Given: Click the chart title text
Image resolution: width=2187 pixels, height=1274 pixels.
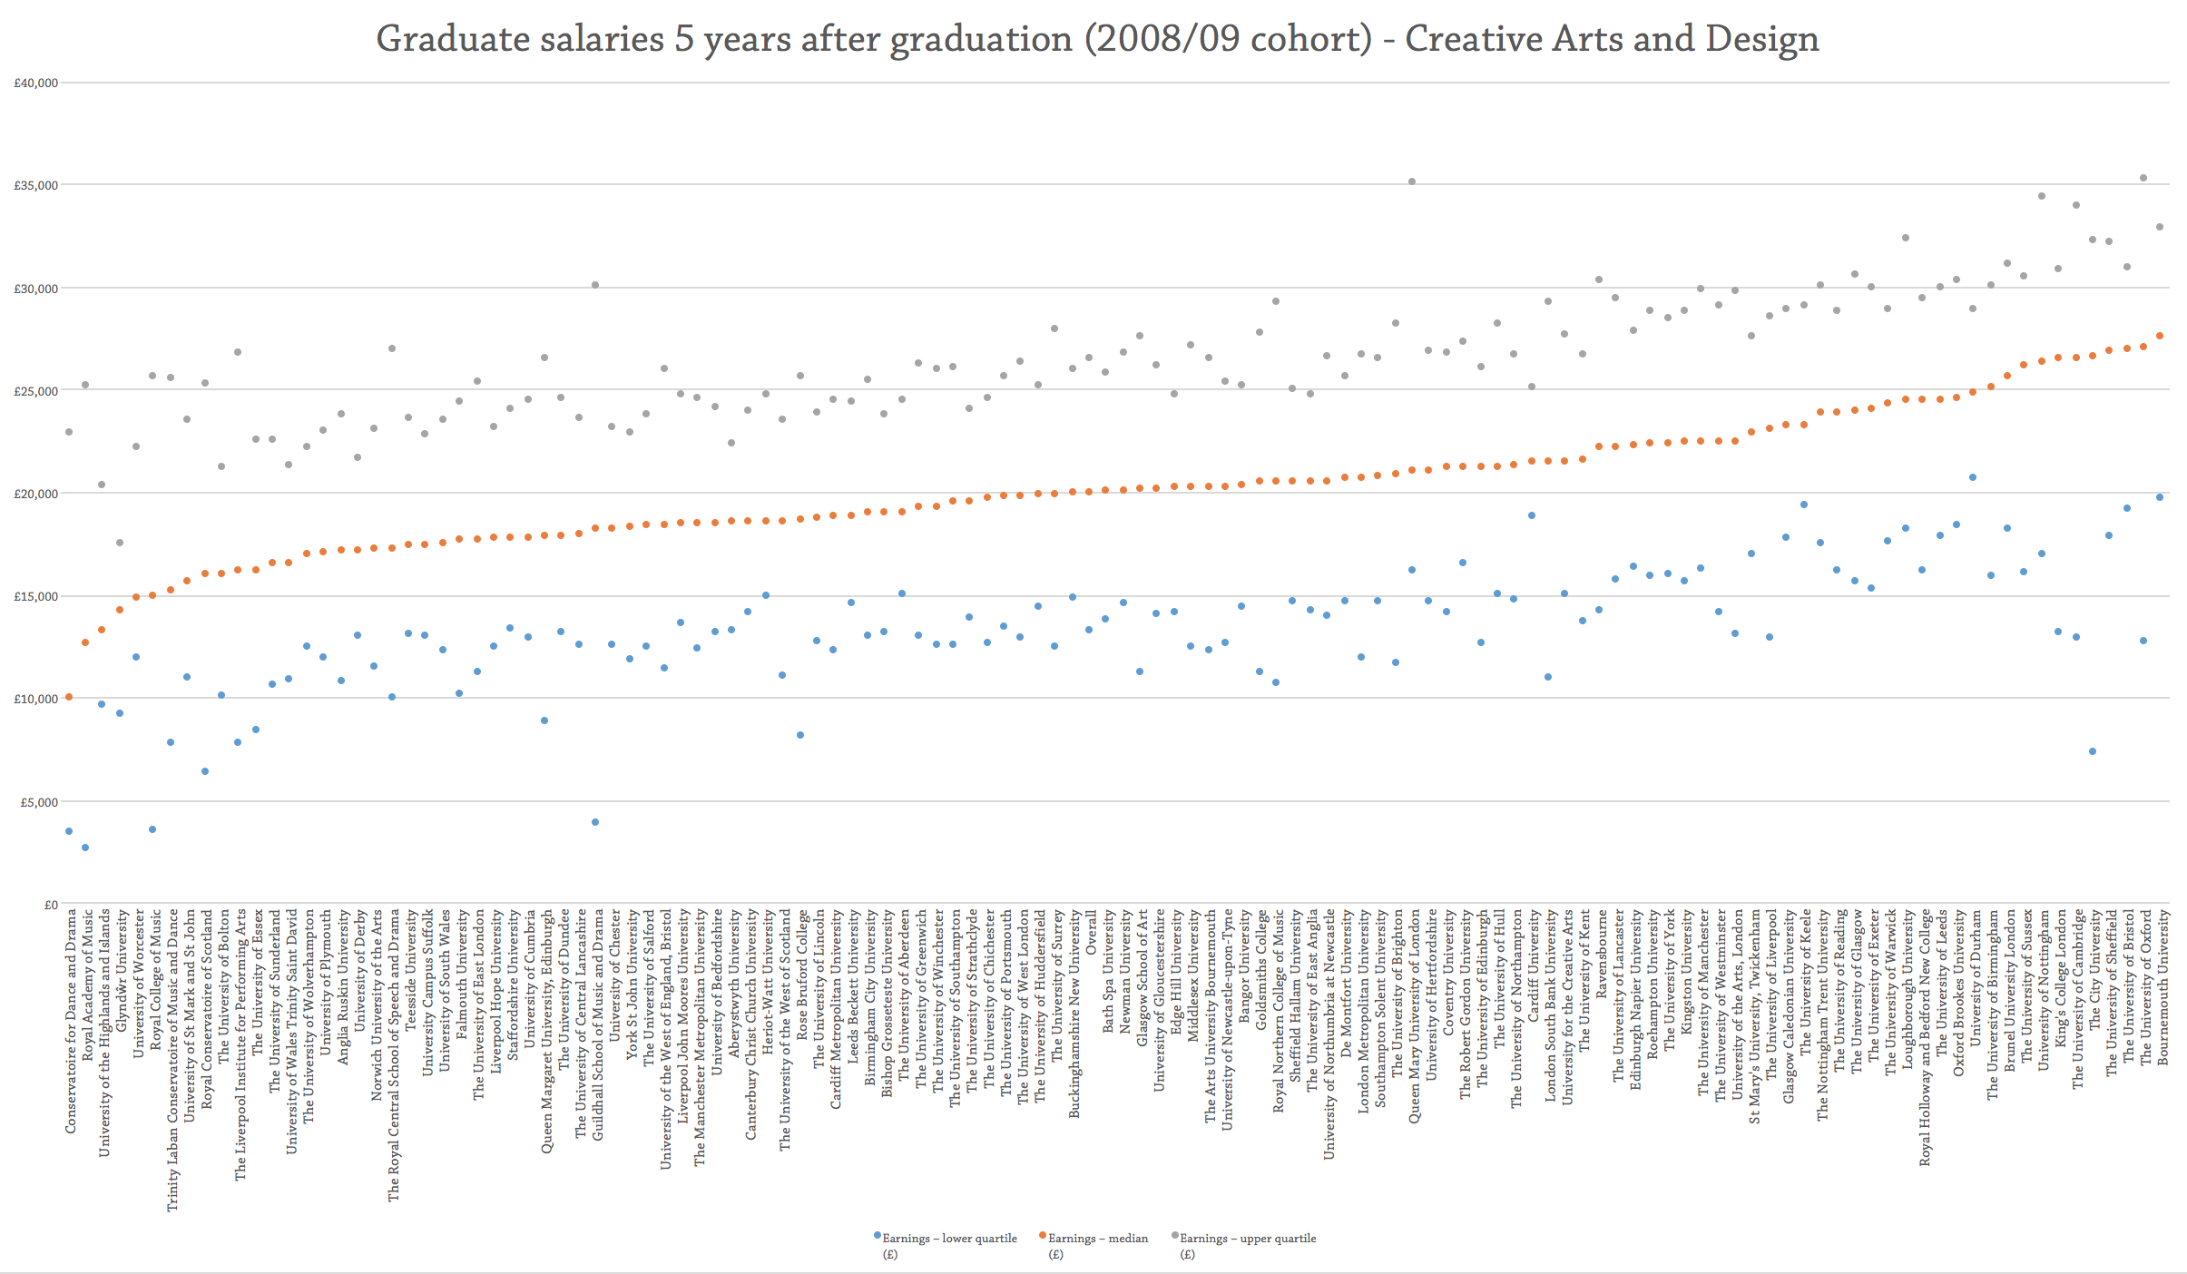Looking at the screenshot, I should (1097, 39).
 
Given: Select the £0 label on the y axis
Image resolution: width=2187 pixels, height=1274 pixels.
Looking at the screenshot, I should (50, 905).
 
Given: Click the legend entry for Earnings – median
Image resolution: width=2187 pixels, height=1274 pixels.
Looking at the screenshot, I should (1096, 1239).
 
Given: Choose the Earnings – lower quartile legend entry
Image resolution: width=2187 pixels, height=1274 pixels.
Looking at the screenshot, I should (948, 1239).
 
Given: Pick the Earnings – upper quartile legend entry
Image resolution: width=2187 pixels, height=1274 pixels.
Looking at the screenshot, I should (1247, 1239).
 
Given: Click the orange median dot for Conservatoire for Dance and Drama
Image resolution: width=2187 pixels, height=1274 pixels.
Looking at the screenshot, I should (68, 697).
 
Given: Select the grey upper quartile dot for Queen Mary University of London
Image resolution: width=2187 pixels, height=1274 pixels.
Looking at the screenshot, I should (1411, 181).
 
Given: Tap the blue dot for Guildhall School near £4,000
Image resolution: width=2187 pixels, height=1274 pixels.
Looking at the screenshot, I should (595, 822).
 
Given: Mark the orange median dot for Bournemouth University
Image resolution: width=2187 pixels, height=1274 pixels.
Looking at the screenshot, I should (2160, 336).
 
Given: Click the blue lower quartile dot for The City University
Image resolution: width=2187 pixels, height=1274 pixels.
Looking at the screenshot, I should (2093, 751).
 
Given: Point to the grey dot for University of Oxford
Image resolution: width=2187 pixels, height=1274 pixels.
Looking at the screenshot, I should (2143, 178).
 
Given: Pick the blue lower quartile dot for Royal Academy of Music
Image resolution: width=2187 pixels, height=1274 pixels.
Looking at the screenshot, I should (85, 848).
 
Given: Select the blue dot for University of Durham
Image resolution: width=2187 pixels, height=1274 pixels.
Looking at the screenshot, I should (1973, 477).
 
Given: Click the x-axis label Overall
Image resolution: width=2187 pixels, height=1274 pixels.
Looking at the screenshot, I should (1091, 934).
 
